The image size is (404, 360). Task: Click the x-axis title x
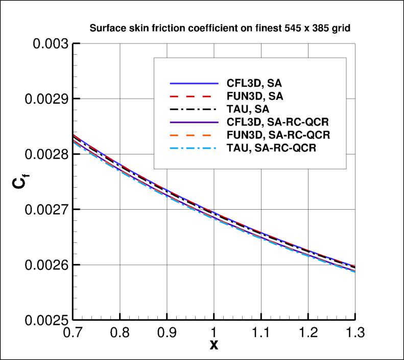214,345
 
